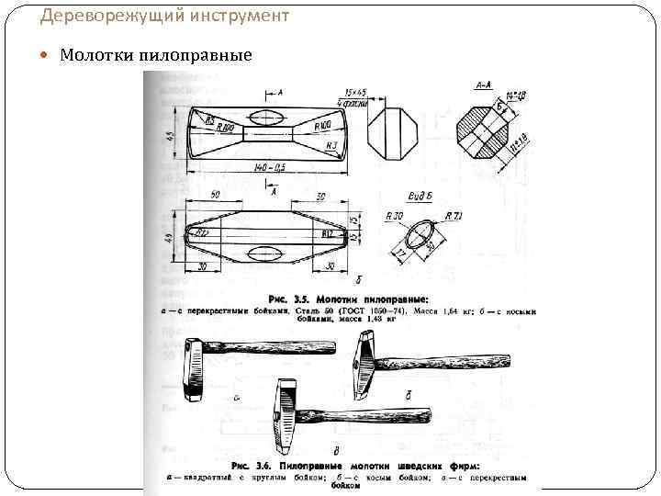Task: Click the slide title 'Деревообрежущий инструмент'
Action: tap(164, 16)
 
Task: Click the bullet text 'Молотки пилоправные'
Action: tap(156, 55)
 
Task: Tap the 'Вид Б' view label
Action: tap(418, 197)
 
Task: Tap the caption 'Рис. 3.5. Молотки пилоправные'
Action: tap(348, 299)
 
